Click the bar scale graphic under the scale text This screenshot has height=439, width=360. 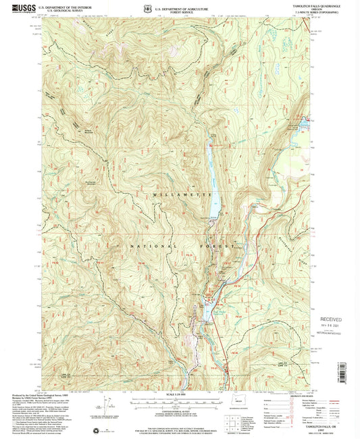point(179,403)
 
